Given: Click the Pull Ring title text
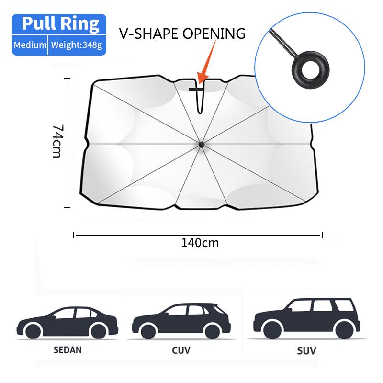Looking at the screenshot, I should click(60, 23).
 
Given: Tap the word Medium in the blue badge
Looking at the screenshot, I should click(30, 45).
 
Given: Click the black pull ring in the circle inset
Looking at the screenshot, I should click(304, 66).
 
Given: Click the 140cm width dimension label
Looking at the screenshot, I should click(200, 243).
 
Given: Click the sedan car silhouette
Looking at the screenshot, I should click(68, 321).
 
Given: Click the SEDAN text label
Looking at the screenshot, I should click(68, 349).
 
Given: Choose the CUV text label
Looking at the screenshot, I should click(181, 351).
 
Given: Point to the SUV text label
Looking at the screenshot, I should click(306, 351).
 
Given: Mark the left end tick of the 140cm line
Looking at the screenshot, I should click(74, 234).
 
